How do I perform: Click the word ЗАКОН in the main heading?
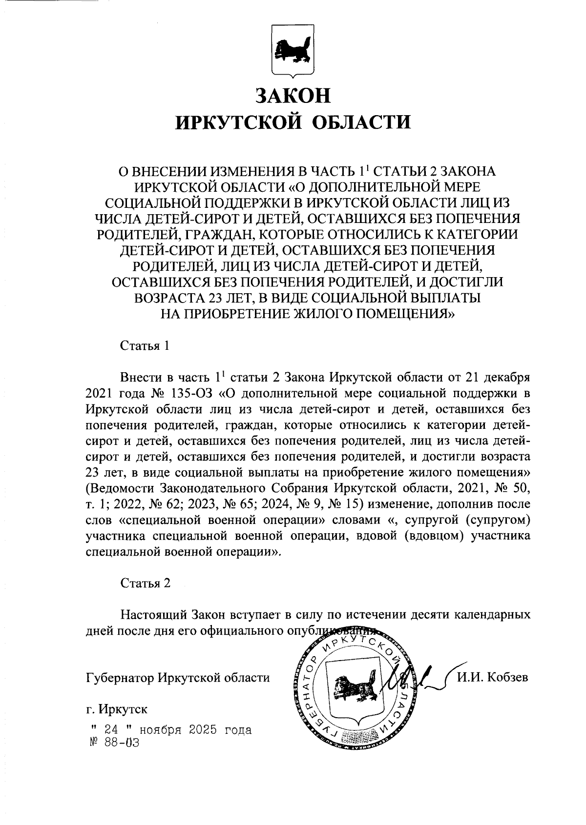[x=293, y=95]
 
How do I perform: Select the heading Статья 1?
[x=145, y=346]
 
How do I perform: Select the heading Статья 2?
[x=146, y=584]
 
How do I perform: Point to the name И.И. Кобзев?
[x=493, y=678]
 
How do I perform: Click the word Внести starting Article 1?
[x=141, y=378]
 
